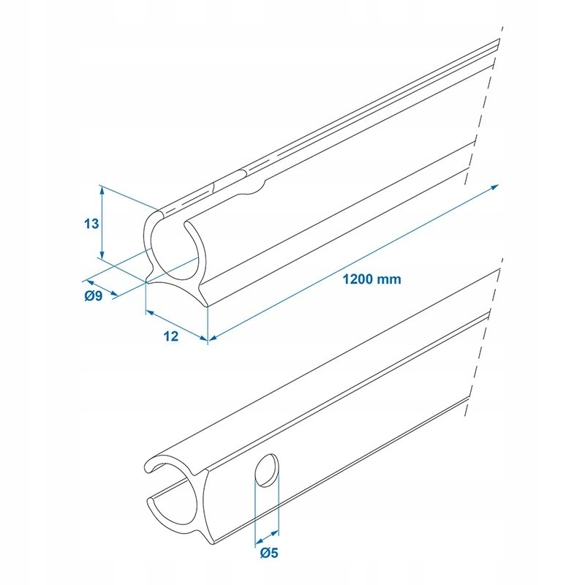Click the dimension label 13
(x=91, y=224)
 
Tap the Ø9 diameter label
(x=93, y=295)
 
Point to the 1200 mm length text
(x=371, y=279)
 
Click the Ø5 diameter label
(x=268, y=553)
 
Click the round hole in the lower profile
(x=266, y=469)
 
